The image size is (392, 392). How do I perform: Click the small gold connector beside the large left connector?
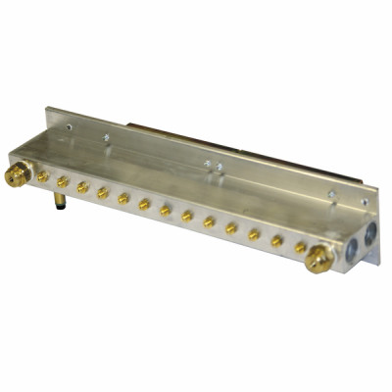click(x=43, y=177)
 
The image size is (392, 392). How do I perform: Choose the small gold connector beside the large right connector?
click(x=300, y=248)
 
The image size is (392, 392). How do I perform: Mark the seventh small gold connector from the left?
click(x=166, y=210)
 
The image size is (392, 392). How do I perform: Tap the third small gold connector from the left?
click(x=83, y=187)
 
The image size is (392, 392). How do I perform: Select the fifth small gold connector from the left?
click(x=123, y=198)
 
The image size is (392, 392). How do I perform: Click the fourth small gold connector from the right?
click(x=231, y=228)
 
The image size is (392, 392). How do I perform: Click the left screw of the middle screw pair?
click(x=206, y=163)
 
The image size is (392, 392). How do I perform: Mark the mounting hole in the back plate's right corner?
click(x=366, y=204)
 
